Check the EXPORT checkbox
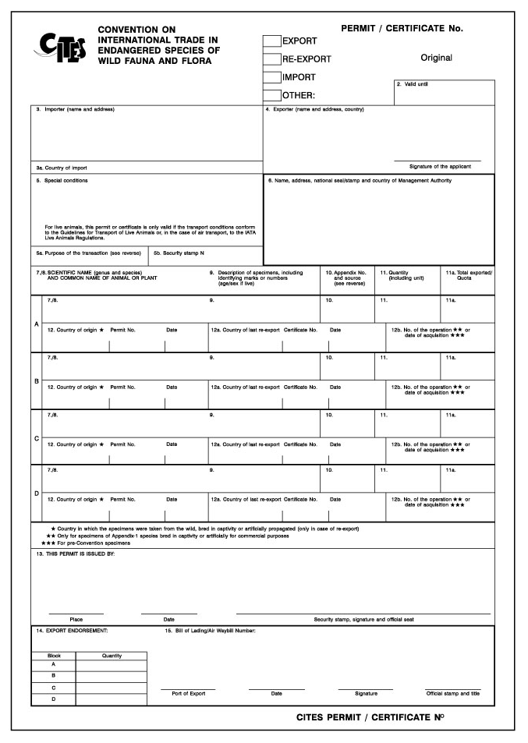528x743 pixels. pyautogui.click(x=271, y=41)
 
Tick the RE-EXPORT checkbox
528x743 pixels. pyautogui.click(x=271, y=58)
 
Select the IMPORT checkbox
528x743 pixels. pyautogui.click(x=271, y=77)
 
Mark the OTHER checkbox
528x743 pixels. pyautogui.click(x=271, y=95)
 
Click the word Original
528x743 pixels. pyautogui.click(x=436, y=58)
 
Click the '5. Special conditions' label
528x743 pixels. pyautogui.click(x=62, y=181)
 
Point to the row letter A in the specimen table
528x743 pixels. pyautogui.click(x=36, y=324)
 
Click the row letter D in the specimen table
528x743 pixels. pyautogui.click(x=36, y=494)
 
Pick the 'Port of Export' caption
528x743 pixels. pyautogui.click(x=188, y=693)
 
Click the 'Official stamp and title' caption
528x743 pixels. pyautogui.click(x=453, y=693)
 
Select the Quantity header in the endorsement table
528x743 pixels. pyautogui.click(x=112, y=656)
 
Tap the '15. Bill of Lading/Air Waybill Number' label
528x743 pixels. pyautogui.click(x=210, y=630)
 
